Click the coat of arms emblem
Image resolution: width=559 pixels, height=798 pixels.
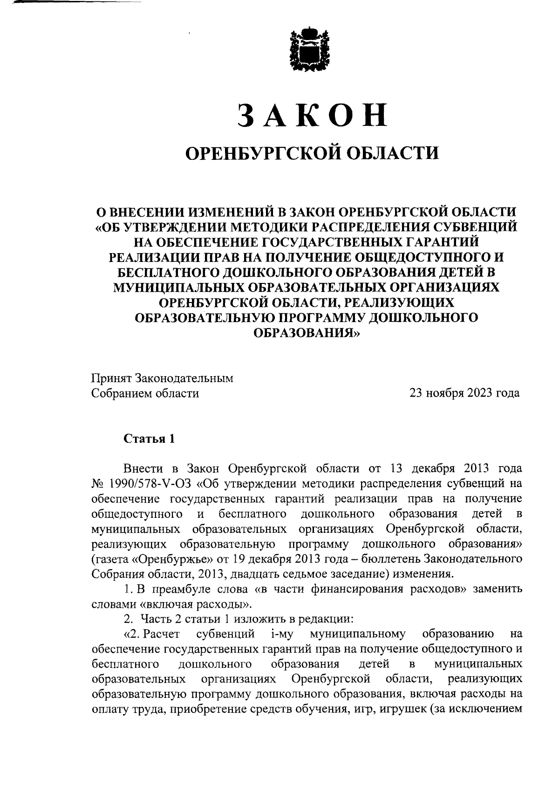(309, 51)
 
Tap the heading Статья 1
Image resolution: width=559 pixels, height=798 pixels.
(149, 439)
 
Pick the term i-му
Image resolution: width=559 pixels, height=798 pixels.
(280, 634)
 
